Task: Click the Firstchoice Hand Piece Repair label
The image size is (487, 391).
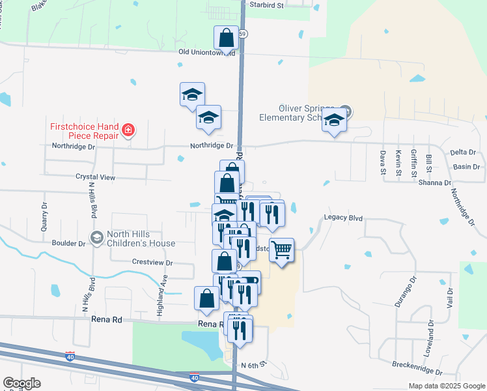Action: (85, 130)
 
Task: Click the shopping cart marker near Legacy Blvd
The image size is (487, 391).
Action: (281, 250)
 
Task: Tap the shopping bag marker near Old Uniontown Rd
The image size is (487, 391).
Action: (226, 37)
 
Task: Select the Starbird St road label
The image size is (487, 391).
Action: (268, 5)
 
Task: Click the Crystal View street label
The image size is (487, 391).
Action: (95, 177)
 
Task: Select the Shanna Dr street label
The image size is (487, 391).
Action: (434, 183)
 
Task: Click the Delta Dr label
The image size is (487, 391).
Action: (463, 152)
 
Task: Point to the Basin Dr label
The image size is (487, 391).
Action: (467, 166)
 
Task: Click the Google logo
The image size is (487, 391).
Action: (21, 383)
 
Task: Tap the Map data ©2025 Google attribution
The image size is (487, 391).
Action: (446, 386)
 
